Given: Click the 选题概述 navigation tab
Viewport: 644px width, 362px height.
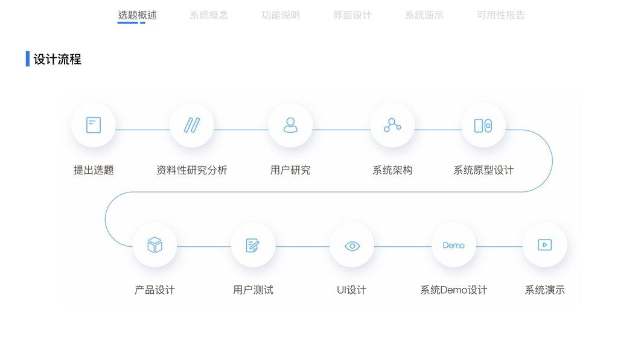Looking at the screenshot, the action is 137,15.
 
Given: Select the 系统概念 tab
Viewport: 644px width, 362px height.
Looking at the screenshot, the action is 209,15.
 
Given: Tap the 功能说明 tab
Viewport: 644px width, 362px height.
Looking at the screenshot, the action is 281,15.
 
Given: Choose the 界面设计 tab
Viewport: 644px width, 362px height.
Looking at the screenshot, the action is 352,15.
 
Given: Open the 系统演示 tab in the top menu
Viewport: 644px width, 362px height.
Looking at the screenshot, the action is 424,15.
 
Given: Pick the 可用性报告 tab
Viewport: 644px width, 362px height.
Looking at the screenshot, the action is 501,15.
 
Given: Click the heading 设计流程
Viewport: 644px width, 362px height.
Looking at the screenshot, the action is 57,59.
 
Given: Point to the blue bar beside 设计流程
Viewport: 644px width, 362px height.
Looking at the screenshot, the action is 28,59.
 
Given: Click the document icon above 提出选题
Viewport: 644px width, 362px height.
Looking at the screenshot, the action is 94,125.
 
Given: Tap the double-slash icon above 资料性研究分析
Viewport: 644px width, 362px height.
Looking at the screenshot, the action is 192,125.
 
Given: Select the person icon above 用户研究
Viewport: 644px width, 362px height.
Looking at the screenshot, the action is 290,125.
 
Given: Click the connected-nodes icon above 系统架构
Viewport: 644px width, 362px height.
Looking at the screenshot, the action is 392,125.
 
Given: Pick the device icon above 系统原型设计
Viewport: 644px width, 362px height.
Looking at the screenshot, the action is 483,125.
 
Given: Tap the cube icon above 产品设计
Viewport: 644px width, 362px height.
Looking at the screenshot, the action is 155,245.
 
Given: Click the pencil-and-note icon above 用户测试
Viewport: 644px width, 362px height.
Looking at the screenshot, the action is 253,245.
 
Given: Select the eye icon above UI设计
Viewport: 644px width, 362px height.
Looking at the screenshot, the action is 352,246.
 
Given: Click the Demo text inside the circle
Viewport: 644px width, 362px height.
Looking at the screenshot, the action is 453,246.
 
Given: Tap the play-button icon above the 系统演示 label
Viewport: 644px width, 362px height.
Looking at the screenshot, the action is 544,245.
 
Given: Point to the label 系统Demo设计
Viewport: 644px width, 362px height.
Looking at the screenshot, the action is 453,290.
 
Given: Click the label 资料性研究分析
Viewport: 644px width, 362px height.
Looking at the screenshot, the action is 192,170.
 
